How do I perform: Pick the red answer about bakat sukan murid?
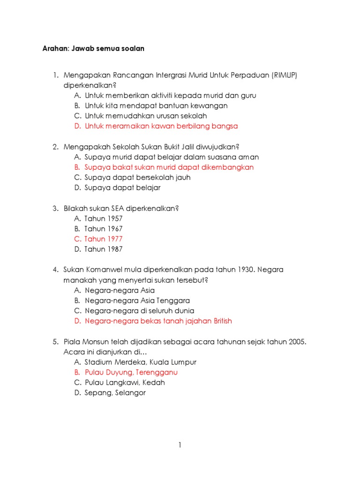(169, 167)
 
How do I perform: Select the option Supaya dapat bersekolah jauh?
(137, 178)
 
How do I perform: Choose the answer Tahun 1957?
(103, 218)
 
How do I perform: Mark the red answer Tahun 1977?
(103, 239)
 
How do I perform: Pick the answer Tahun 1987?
(103, 249)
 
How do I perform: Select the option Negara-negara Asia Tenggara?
(137, 300)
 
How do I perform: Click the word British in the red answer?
(223, 321)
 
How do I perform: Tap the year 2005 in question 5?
(297, 342)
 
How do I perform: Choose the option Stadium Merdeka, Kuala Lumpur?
(141, 362)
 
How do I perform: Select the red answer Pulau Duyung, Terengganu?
(131, 373)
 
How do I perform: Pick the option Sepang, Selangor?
(115, 393)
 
